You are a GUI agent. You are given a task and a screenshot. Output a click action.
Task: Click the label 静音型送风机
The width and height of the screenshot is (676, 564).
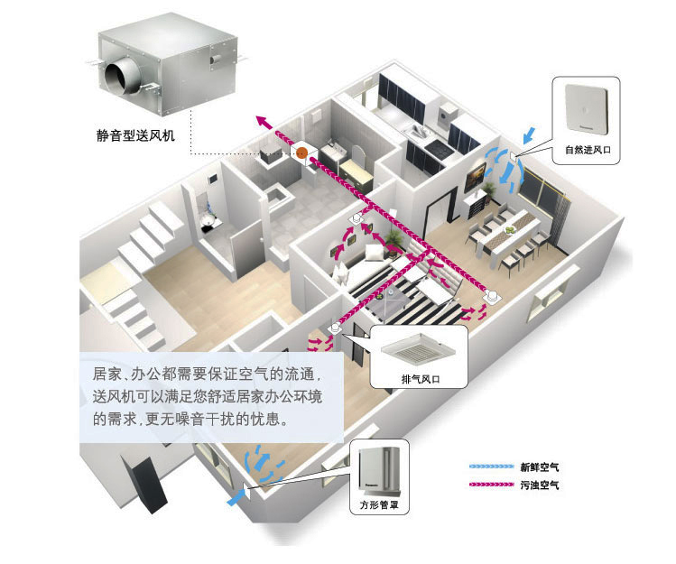[x=135, y=135]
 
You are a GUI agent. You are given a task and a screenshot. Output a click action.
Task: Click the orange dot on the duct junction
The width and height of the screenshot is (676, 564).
[x=301, y=153]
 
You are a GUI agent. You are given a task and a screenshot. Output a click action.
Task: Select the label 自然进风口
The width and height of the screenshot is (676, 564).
[x=588, y=150]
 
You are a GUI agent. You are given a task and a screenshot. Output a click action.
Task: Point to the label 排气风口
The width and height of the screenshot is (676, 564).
[x=421, y=379]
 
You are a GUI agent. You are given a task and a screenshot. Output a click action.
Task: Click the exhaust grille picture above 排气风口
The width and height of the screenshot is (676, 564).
[x=418, y=349]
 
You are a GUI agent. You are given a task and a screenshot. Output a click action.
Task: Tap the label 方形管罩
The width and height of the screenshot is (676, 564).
[x=379, y=504]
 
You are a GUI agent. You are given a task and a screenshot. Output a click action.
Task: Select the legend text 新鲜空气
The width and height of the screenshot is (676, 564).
[x=540, y=467]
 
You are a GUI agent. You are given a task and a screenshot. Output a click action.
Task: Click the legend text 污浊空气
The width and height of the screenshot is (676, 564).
[x=540, y=485]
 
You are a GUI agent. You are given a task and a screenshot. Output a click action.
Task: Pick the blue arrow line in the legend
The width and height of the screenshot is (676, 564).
[x=492, y=467]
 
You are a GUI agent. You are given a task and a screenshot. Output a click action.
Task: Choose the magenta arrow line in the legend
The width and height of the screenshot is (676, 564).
[x=492, y=485]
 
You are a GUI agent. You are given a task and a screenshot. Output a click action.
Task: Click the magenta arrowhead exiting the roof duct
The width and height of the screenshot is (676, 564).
[x=262, y=121]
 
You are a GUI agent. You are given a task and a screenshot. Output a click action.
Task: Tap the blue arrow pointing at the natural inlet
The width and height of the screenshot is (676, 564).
[x=530, y=135]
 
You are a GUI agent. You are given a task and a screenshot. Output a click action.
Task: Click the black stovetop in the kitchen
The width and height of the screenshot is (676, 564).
[x=439, y=147]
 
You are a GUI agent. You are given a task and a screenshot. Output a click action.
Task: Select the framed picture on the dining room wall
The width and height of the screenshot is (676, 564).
[x=475, y=175]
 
